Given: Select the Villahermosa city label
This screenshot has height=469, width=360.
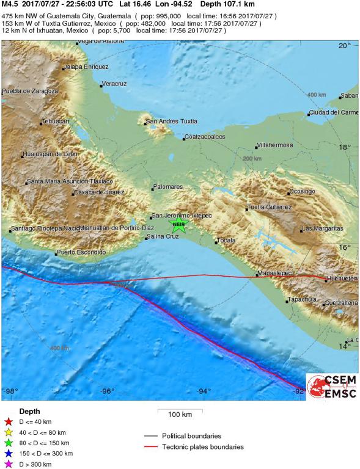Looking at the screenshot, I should point(274,145).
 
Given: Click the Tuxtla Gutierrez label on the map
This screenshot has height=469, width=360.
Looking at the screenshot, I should point(270,207).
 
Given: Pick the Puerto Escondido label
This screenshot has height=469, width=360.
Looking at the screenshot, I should point(81,252).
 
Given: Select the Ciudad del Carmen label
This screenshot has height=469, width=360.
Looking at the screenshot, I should point(333,112).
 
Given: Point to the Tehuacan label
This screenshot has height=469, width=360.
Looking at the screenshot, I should point(55,122).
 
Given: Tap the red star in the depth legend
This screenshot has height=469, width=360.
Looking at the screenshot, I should point(9,421).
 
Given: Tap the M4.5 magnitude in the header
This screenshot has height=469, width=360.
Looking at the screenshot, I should point(10,4).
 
